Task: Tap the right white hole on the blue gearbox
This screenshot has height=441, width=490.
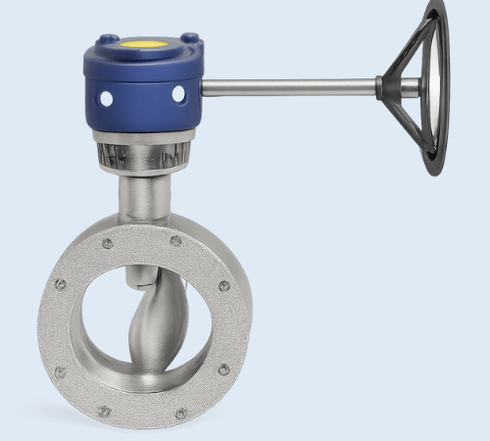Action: tap(178, 93)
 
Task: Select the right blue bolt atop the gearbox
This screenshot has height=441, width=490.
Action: tap(189, 40)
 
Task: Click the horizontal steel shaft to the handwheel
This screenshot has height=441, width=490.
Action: tap(289, 88)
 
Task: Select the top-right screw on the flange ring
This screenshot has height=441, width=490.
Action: tap(175, 240)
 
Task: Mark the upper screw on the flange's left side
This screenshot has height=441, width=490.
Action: tap(61, 285)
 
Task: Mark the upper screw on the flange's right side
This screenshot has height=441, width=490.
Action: tap(223, 286)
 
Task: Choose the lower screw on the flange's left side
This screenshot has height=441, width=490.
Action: tap(60, 371)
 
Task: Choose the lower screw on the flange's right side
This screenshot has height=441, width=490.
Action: tap(223, 369)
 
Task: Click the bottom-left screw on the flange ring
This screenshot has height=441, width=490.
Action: tap(106, 414)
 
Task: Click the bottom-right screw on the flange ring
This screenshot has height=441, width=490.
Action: tap(180, 414)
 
